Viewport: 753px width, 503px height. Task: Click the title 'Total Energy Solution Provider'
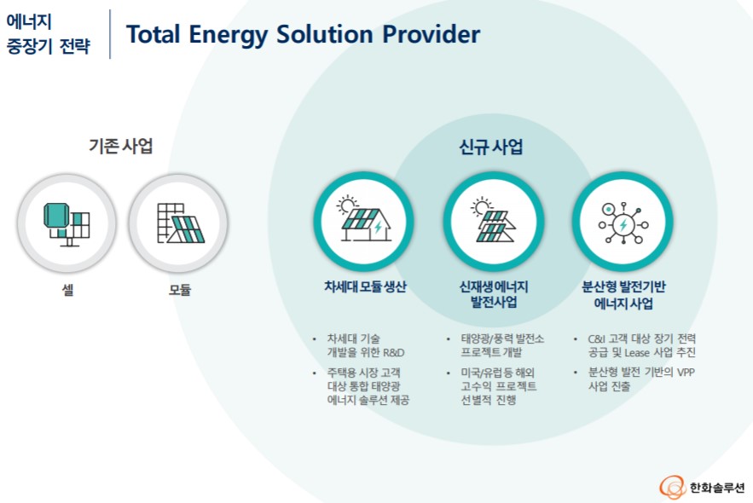(303, 35)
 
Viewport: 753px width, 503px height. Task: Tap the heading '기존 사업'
(121, 145)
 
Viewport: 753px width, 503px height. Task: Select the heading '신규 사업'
(490, 147)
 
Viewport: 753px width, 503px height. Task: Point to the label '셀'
(67, 290)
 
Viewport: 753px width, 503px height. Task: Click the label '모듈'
(179, 290)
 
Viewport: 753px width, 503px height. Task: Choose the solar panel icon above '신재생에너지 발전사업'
(493, 220)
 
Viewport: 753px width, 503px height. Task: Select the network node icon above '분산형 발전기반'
(623, 220)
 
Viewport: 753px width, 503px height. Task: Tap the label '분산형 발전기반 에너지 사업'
(623, 295)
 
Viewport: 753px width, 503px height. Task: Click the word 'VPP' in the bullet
(685, 372)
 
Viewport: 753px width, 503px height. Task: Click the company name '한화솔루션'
(716, 488)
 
